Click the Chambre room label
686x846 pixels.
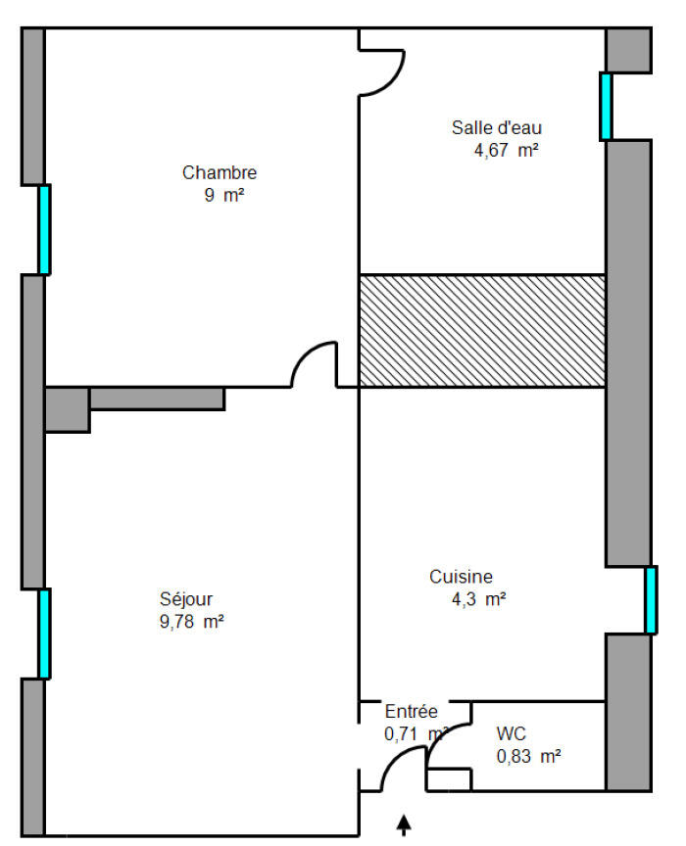click(220, 172)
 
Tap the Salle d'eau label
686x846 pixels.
click(497, 128)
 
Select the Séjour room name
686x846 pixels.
click(186, 599)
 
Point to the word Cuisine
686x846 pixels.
click(461, 577)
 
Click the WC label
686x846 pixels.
click(511, 733)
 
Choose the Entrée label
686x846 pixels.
click(411, 711)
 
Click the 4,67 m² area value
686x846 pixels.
click(506, 150)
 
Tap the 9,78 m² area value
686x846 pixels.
click(192, 622)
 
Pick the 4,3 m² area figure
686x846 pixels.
click(478, 599)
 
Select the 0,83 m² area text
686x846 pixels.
click(528, 757)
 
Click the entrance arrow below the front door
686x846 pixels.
click(404, 824)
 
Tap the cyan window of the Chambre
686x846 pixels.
click(44, 230)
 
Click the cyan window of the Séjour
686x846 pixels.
click(44, 634)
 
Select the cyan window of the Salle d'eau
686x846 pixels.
click(606, 107)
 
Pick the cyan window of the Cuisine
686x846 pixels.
click(651, 600)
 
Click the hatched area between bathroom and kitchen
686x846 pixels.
click(482, 331)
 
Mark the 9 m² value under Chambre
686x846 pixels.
click(223, 195)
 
